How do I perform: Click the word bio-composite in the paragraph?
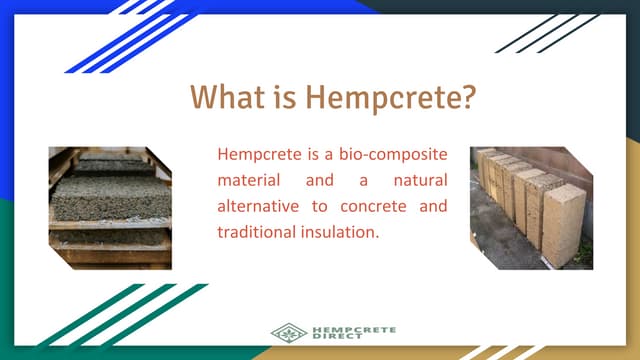pos(399,156)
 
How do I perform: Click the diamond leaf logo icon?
pos(289,332)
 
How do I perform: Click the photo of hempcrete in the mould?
pos(110,208)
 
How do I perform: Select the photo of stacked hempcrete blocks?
pos(531,208)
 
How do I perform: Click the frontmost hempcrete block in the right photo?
pos(563,223)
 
